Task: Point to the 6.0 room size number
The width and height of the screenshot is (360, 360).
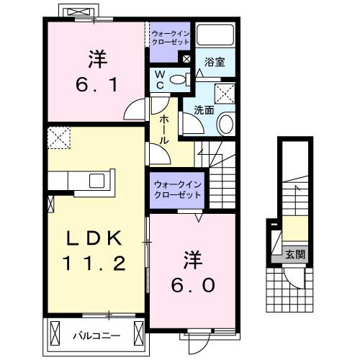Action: click(x=192, y=284)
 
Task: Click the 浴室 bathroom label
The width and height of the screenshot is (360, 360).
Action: click(x=215, y=63)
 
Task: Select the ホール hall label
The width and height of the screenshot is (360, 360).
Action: click(x=165, y=131)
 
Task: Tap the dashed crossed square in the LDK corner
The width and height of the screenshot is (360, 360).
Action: click(x=58, y=138)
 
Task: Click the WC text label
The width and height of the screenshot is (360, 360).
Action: click(x=159, y=80)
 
